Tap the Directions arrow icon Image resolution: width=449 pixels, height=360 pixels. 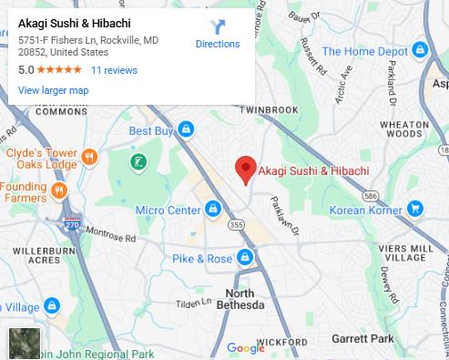[218, 27]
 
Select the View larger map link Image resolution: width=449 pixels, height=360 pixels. [53, 90]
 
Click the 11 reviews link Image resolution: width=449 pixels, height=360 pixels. [114, 70]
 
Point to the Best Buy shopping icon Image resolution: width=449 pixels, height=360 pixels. [186, 130]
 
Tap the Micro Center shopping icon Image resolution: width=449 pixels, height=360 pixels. [212, 211]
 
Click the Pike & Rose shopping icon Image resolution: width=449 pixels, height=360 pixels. [244, 258]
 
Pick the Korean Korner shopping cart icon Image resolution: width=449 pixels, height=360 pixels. [415, 210]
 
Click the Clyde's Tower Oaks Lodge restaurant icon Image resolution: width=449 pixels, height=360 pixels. [89, 158]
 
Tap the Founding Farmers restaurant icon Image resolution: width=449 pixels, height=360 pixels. [59, 190]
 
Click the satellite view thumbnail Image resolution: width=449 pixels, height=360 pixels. [24, 343]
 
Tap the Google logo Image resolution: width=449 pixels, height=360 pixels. [245, 347]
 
